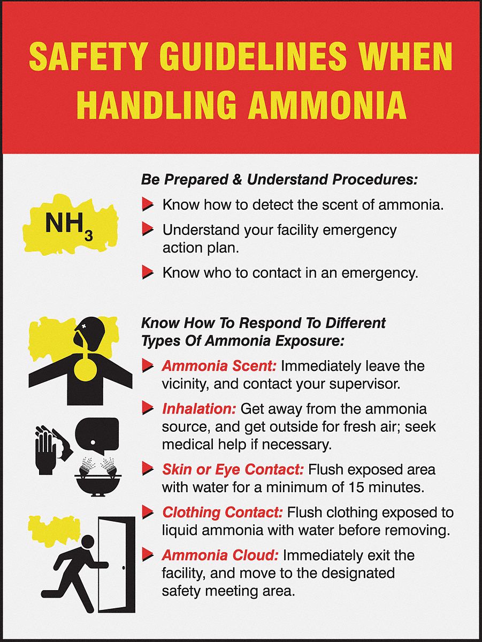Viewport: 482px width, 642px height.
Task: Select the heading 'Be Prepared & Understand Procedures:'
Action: [279, 179]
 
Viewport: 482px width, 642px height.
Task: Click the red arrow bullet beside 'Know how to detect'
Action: [148, 204]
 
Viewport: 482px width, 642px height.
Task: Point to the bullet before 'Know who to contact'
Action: [148, 273]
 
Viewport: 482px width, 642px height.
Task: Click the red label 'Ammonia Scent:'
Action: [219, 366]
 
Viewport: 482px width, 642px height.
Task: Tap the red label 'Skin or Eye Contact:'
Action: [233, 470]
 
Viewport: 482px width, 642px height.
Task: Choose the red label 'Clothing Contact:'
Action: [222, 513]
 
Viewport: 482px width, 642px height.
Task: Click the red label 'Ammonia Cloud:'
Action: [220, 555]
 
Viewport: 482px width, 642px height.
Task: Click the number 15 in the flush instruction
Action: [361, 487]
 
